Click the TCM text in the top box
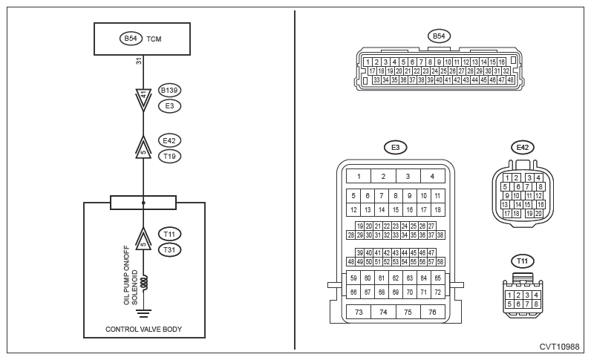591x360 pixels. click(154, 39)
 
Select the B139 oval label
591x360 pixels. click(170, 91)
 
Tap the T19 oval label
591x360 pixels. click(170, 156)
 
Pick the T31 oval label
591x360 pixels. click(170, 249)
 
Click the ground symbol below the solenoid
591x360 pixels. click(143, 312)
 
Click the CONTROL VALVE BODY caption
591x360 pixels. click(143, 329)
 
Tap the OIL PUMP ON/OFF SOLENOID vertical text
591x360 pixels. click(131, 275)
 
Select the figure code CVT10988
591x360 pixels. click(558, 347)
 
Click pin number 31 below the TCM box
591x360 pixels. click(139, 61)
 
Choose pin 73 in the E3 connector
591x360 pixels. click(359, 312)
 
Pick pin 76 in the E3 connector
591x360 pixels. click(431, 312)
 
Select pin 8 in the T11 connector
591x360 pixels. click(535, 304)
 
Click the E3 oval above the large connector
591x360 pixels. click(395, 148)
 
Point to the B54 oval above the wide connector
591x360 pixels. click(438, 36)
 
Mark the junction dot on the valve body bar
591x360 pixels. click(143, 203)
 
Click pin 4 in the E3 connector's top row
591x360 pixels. click(432, 177)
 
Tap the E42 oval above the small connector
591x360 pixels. click(523, 148)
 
